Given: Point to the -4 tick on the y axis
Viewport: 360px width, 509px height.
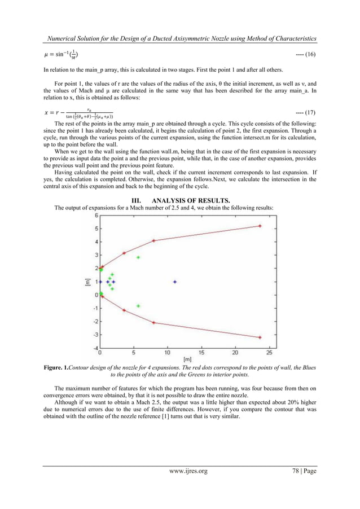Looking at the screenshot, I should tap(95, 348).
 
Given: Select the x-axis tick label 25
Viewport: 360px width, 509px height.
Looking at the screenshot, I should tap(269, 354).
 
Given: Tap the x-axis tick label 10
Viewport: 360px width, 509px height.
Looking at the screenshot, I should tap(168, 354).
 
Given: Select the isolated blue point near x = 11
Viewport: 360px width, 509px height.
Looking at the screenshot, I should tap(175, 281).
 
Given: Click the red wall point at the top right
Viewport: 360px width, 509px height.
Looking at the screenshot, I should tap(260, 226).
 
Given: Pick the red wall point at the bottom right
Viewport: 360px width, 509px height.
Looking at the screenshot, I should tap(260, 337).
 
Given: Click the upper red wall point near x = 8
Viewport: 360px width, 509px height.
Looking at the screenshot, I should tap(154, 241).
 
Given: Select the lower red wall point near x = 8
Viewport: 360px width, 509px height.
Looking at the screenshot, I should tap(154, 323).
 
